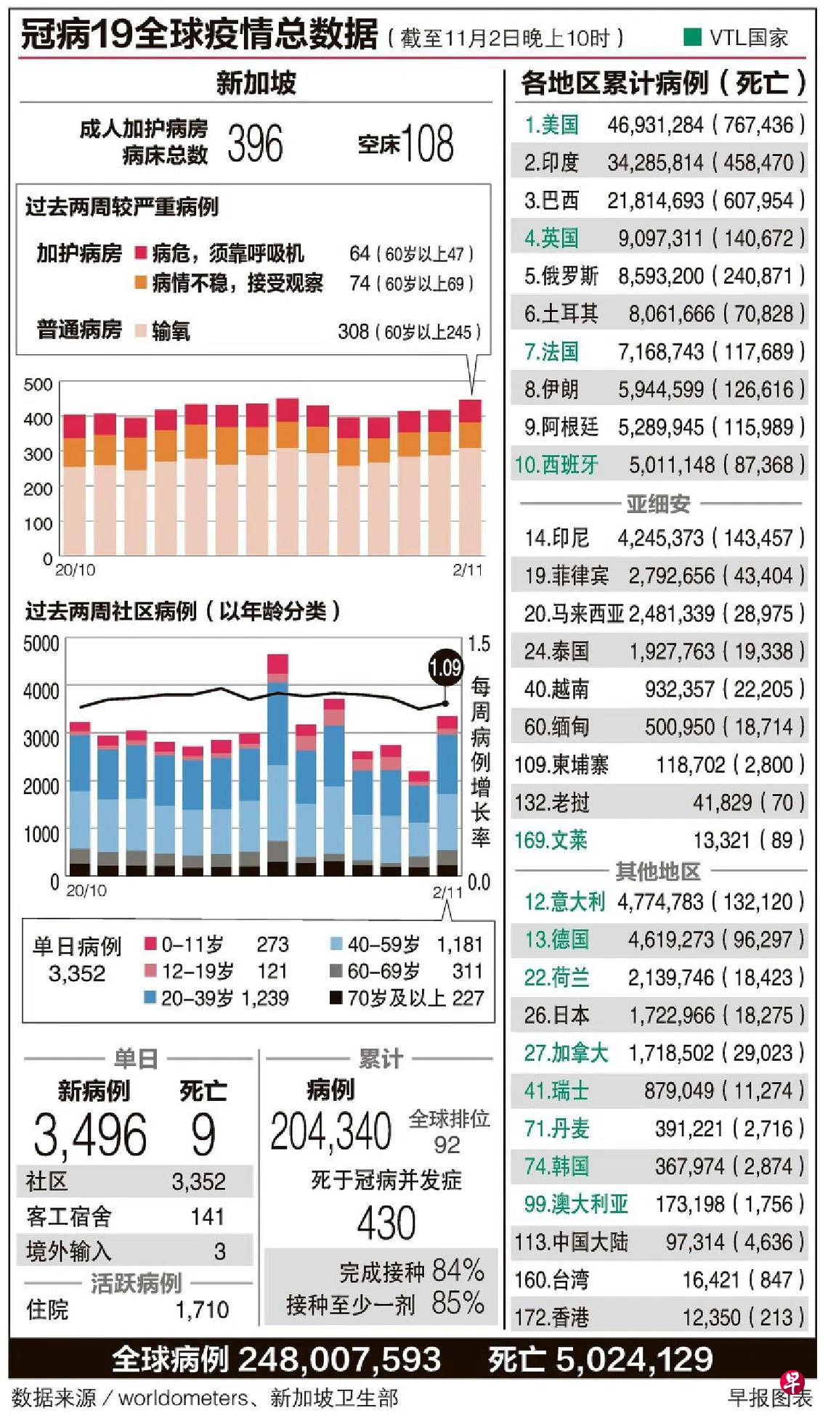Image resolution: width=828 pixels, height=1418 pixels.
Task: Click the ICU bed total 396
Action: tap(255, 143)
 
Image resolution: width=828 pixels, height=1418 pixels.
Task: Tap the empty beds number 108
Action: tap(427, 143)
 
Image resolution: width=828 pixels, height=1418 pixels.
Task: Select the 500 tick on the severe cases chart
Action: tap(38, 385)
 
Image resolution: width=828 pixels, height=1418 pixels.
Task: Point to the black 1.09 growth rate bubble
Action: tap(445, 668)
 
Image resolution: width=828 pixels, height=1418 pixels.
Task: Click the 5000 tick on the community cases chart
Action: tap(41, 644)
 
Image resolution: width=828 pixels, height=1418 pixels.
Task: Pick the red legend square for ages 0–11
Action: tap(151, 944)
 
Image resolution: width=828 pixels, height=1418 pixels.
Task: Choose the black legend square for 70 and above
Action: tap(336, 998)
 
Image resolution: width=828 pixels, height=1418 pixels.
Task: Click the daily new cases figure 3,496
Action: tap(90, 1135)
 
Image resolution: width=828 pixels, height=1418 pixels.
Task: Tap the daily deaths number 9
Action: tap(203, 1135)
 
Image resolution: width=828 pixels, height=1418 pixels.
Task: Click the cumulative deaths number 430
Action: tap(386, 1223)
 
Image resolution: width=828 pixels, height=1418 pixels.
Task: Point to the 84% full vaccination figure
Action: tap(458, 1271)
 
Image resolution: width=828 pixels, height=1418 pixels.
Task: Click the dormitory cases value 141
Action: tap(208, 1217)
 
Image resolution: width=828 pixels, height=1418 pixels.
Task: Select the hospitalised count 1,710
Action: tap(202, 1310)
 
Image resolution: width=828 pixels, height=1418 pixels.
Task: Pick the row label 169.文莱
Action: tap(551, 840)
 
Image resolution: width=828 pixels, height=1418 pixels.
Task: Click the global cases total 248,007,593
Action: tap(339, 1360)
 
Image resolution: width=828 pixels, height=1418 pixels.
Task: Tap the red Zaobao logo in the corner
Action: tap(791, 1382)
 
